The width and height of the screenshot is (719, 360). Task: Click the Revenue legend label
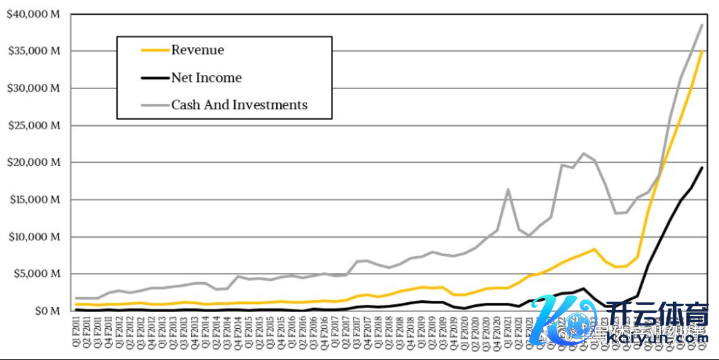pos(198,50)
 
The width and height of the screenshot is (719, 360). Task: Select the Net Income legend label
pos(206,77)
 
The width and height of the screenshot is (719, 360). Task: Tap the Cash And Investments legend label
pos(239,104)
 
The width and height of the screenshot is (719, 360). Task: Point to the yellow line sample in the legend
pos(154,50)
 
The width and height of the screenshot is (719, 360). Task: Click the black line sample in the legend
pos(154,78)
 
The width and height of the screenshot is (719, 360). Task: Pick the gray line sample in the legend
pos(154,105)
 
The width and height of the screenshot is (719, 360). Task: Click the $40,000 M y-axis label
pos(33,14)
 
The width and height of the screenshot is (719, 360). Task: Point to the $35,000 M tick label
pos(33,51)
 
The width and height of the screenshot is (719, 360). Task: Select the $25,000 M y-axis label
pos(33,125)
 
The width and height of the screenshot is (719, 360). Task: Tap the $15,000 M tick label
pos(33,200)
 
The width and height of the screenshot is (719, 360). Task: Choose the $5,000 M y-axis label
pos(36,273)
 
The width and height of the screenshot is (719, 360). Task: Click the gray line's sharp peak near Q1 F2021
pos(508,190)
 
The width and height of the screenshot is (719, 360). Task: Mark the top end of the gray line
pos(702,25)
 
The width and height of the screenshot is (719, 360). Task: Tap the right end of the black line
pos(702,168)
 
